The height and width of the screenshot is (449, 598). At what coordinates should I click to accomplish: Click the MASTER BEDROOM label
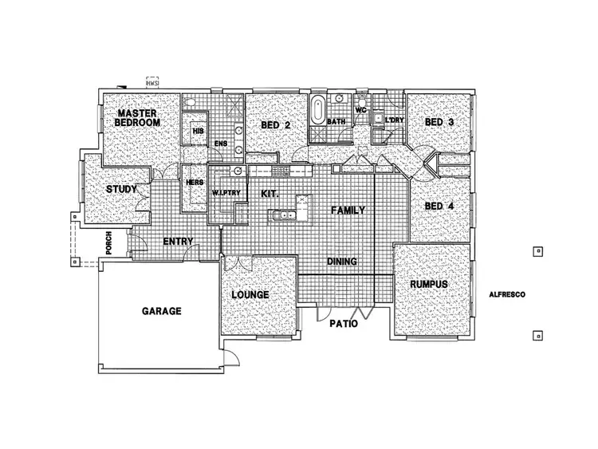click(137, 117)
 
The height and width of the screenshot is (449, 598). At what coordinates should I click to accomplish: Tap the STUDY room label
click(122, 189)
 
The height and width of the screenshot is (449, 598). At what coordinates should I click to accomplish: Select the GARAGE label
click(162, 311)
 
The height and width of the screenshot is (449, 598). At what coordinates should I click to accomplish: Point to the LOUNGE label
click(250, 295)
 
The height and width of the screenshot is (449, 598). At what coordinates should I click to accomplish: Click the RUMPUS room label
click(428, 284)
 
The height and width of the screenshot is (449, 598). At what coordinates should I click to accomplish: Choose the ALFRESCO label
click(506, 294)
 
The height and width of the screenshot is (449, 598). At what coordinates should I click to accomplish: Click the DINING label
click(341, 261)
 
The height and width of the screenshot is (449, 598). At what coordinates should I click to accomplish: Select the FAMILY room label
click(348, 211)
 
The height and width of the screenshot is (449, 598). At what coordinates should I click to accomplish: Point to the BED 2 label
click(275, 125)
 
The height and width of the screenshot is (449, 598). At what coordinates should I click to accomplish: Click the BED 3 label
click(439, 122)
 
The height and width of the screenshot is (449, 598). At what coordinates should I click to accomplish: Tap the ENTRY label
click(179, 241)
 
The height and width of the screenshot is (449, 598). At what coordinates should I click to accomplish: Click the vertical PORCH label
click(108, 246)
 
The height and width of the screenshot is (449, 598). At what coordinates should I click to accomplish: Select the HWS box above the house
click(153, 81)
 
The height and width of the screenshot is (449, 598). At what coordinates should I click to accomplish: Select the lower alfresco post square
click(538, 336)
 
